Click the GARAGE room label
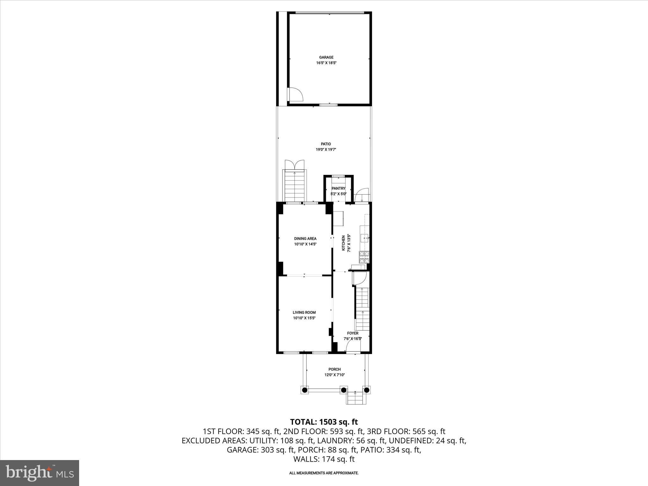[x=326, y=57]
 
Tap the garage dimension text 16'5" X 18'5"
[x=326, y=63]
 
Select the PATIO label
[x=326, y=144]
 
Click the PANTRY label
[x=338, y=189]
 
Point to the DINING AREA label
[x=305, y=239]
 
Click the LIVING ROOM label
[x=304, y=312]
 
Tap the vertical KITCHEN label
[x=343, y=243]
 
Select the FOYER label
[x=352, y=333]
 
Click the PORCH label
[x=334, y=369]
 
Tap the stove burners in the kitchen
[x=364, y=257]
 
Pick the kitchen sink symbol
[x=365, y=238]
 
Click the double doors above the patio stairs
[x=295, y=165]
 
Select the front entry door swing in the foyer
[x=353, y=347]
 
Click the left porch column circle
[x=305, y=390]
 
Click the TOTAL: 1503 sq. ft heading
[x=324, y=422]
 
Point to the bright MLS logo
[x=40, y=473]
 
